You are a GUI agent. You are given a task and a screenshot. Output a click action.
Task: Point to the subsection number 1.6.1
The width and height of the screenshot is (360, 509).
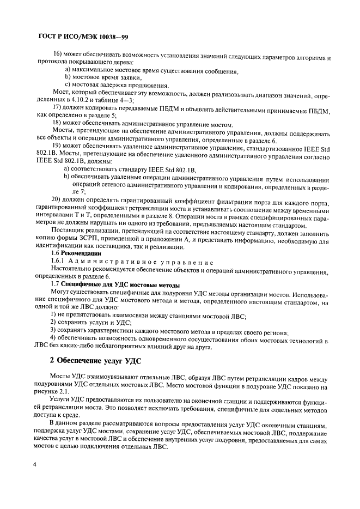(x=59, y=262)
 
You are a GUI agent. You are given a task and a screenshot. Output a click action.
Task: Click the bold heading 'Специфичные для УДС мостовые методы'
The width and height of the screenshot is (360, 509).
(x=121, y=285)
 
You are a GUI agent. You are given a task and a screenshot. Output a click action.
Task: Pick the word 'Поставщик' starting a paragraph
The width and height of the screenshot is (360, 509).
(x=69, y=231)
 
